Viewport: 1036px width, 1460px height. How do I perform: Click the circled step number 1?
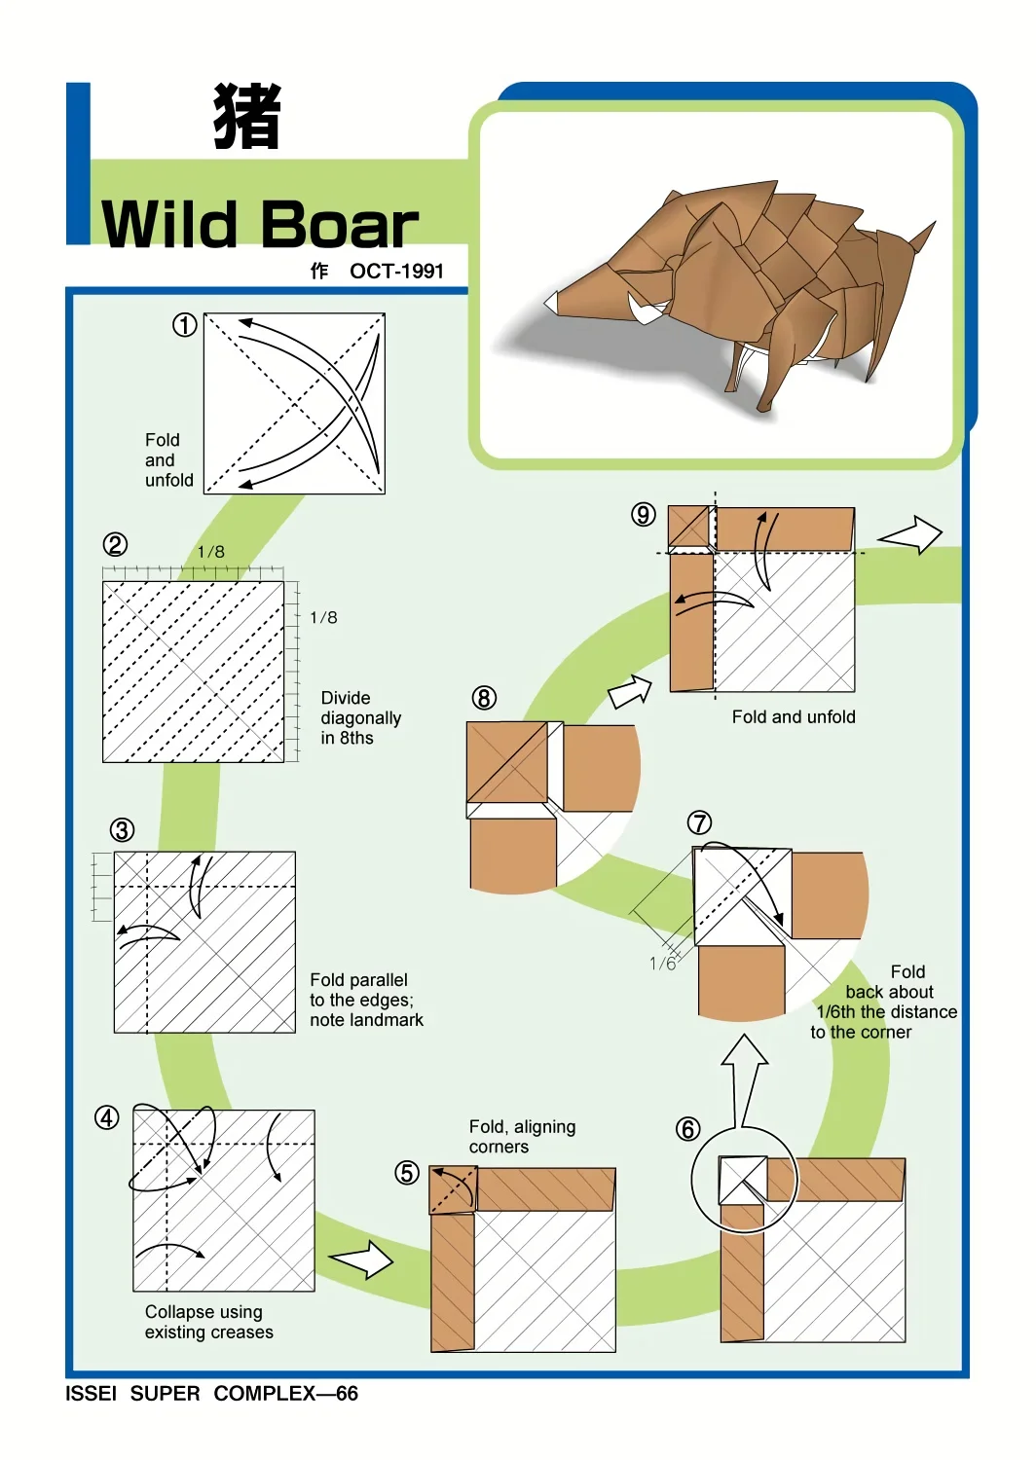click(184, 324)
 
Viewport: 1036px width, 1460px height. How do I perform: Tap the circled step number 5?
click(407, 1173)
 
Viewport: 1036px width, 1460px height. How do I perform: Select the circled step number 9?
click(643, 515)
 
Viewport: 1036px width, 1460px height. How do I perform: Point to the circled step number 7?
click(699, 822)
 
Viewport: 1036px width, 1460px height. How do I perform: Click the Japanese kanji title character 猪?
click(247, 116)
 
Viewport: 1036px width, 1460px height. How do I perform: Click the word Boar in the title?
click(339, 225)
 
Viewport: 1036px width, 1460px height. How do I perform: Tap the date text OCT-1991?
click(396, 272)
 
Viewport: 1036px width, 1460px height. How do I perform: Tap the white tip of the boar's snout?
click(552, 300)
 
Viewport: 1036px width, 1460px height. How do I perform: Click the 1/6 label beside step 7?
click(663, 964)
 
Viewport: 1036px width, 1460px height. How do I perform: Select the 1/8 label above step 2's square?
click(211, 552)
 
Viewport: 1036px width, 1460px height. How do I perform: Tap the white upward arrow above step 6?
click(744, 1079)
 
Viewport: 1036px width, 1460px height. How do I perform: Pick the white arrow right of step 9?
click(910, 534)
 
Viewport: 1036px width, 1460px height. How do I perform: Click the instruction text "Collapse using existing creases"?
click(208, 1321)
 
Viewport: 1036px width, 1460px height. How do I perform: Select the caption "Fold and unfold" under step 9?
click(794, 717)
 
